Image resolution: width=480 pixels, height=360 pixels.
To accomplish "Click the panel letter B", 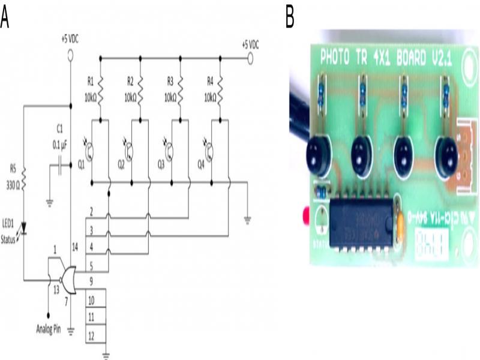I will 290,16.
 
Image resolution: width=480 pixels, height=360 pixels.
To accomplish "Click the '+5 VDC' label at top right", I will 250,44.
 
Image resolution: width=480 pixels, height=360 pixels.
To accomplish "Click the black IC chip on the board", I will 361,221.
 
